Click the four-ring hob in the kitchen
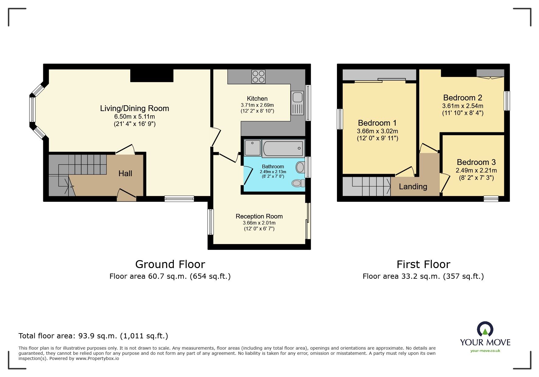coord(258,77)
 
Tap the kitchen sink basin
coord(297,97)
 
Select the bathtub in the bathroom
coord(283,148)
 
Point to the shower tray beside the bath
coord(252,147)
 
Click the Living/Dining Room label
coord(134,108)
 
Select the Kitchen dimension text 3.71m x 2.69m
coord(257,105)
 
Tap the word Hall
coord(125,173)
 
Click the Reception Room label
coord(259,216)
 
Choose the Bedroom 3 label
coord(476,162)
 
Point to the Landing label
coord(413,187)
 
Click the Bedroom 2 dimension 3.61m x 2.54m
coord(462,106)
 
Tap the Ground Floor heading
coord(170,264)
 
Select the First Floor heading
coord(423,264)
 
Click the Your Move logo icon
coord(485,329)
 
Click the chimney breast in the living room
coord(152,75)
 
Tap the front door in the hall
coord(127,195)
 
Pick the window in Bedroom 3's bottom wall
coord(491,199)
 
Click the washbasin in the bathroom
coord(300,167)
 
